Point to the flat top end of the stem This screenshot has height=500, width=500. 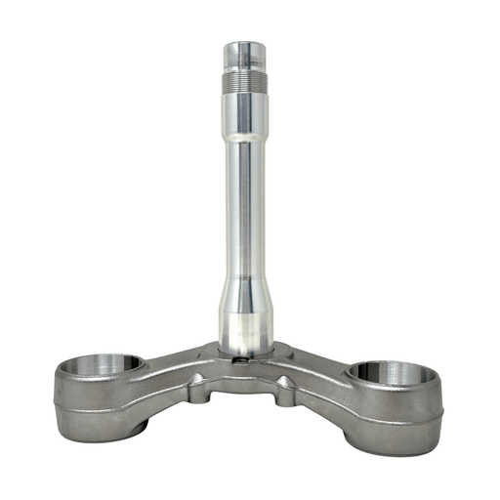pyautogui.click(x=249, y=44)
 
